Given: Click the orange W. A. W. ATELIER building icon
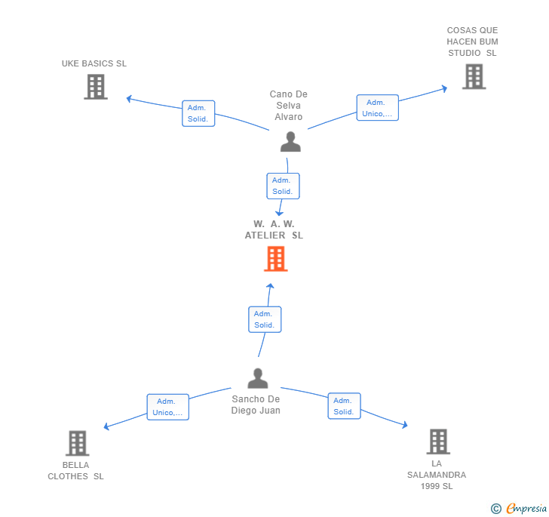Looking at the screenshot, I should [275, 259].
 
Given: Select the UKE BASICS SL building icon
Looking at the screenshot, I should [95, 87].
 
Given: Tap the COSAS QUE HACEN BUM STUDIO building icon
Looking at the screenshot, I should [474, 76].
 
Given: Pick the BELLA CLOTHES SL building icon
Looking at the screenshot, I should [77, 443].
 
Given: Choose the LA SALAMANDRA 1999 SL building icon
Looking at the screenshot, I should [437, 442].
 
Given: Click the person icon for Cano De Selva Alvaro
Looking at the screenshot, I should [290, 142].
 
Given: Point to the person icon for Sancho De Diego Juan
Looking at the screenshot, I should [258, 378].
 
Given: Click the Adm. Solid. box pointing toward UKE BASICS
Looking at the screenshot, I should [198, 113].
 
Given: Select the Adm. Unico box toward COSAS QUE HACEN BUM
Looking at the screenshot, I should [377, 108].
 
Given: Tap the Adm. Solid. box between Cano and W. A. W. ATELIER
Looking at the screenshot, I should [283, 186].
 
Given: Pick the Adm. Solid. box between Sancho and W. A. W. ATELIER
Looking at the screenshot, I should [265, 319].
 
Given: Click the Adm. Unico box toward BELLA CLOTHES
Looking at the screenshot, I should [167, 407].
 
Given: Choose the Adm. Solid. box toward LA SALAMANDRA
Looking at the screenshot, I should [344, 406].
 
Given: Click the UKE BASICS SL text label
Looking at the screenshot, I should [94, 63].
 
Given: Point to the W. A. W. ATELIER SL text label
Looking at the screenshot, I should [274, 229].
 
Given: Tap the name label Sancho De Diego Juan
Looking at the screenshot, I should [256, 405].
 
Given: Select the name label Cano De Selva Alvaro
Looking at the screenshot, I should [289, 106].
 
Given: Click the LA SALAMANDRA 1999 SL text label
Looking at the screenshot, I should [437, 475].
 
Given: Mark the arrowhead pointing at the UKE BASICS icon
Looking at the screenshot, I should [129, 98].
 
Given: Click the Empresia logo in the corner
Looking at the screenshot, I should [520, 509].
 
